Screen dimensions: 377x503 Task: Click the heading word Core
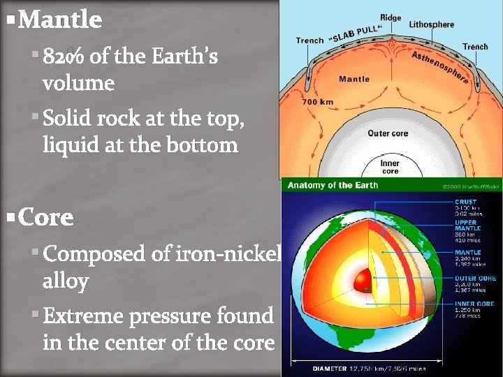point(46,218)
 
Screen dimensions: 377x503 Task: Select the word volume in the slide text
point(78,84)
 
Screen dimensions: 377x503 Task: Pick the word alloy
point(66,281)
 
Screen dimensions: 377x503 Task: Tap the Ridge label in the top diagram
point(391,17)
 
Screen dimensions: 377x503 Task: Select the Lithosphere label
point(431,24)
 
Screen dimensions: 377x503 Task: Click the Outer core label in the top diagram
point(389,133)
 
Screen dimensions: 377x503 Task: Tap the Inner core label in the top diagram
point(390,167)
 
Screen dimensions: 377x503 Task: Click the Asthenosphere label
point(440,67)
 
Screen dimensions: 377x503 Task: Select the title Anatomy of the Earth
point(333,185)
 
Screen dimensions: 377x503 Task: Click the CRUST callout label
point(465,202)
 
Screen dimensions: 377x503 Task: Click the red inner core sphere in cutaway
point(364,281)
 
